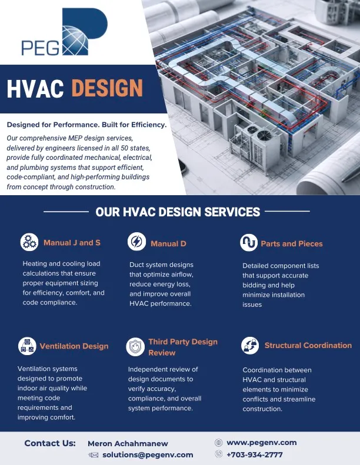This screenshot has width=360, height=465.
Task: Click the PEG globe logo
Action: tap(64, 32)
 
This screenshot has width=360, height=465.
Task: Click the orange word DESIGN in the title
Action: tap(107, 89)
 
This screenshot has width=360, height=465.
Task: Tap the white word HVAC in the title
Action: tap(35, 89)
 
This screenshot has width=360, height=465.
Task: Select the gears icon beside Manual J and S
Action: tap(29, 242)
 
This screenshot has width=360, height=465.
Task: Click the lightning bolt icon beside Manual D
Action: tap(136, 242)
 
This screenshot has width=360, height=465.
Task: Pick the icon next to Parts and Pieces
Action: tap(249, 243)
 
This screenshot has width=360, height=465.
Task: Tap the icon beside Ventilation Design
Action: tap(27, 346)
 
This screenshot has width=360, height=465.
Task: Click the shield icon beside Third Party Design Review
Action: tap(135, 347)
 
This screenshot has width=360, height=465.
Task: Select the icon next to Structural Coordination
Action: tap(250, 346)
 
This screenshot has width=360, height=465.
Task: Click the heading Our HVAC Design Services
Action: tap(178, 212)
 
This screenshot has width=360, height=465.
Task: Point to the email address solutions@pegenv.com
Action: tap(148, 455)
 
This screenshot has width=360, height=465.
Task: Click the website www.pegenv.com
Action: tap(261, 443)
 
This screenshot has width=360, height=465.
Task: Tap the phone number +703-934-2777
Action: tap(255, 454)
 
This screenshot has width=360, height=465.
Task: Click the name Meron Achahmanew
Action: tap(128, 444)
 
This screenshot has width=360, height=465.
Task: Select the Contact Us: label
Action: tap(50, 443)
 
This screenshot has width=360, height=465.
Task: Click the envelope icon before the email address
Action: tap(94, 455)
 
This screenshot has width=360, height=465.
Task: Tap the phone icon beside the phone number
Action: tap(218, 454)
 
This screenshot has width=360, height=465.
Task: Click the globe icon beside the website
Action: tap(218, 443)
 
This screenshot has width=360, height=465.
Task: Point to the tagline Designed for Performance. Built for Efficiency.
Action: tap(86, 125)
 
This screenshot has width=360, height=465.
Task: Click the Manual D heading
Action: tap(168, 244)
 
